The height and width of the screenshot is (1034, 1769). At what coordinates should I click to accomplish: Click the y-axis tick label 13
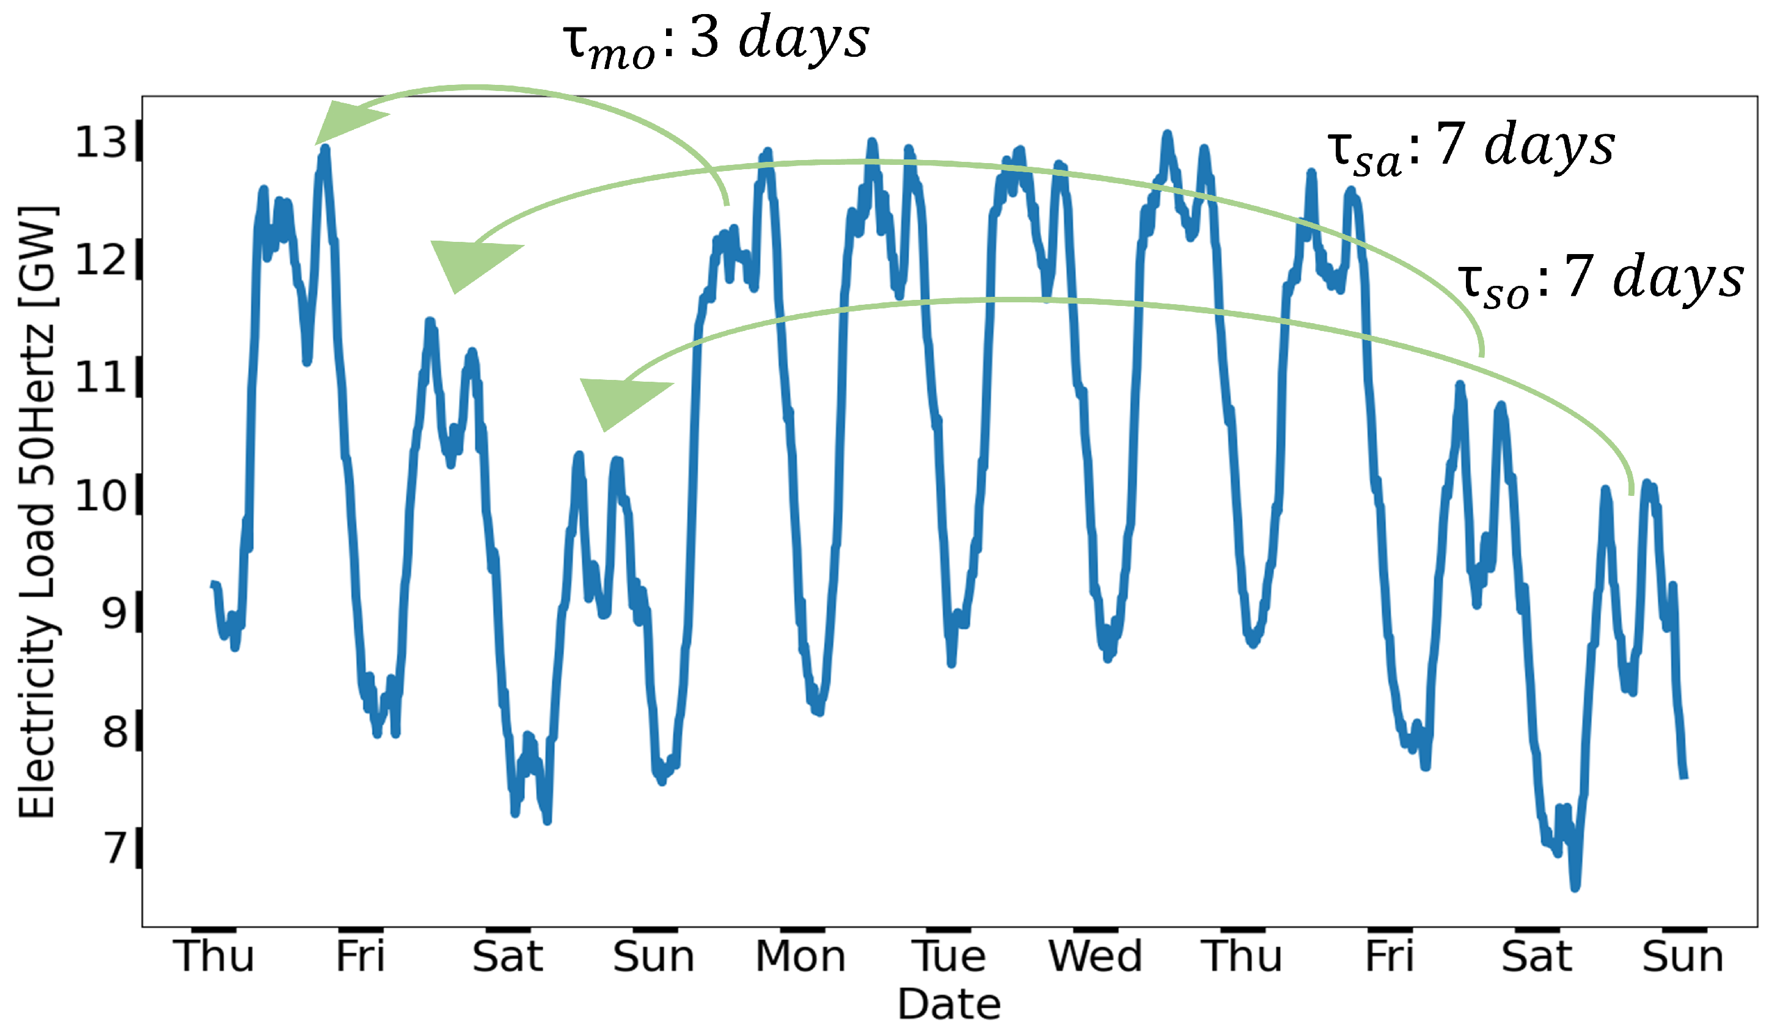click(x=101, y=142)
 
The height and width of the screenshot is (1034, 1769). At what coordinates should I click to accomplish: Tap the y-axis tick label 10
click(x=101, y=496)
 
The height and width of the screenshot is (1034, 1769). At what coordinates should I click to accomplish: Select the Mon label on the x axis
click(x=800, y=957)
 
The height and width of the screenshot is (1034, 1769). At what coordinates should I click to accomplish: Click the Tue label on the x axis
click(x=948, y=957)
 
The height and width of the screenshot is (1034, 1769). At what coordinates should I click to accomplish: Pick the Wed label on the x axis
click(x=1095, y=957)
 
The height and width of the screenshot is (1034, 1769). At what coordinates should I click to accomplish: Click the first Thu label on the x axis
click(x=215, y=957)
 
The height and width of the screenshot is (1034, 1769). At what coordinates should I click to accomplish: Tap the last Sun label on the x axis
click(x=1683, y=957)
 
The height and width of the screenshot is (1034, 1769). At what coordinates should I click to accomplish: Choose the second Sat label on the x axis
click(x=1536, y=957)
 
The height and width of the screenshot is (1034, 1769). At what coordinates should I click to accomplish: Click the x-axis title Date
click(x=949, y=1005)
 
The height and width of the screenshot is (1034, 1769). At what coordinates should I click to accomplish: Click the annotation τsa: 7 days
click(x=1471, y=147)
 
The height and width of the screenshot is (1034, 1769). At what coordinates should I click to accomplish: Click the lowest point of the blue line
click(x=1575, y=887)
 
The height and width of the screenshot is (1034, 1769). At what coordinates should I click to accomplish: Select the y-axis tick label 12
click(x=101, y=260)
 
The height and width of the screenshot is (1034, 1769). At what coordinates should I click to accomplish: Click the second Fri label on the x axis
click(x=1388, y=957)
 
